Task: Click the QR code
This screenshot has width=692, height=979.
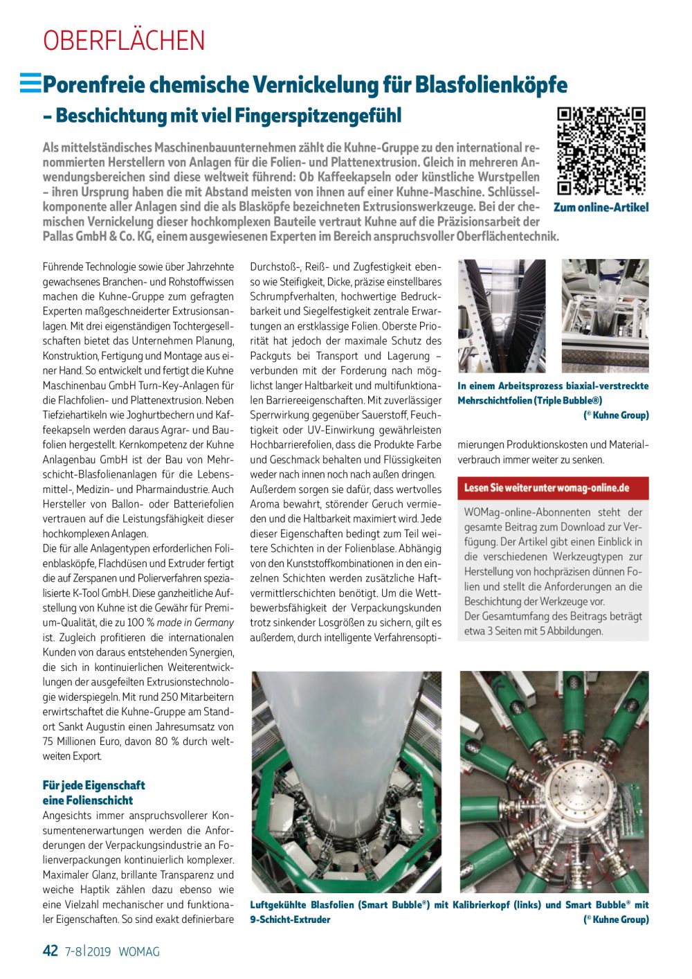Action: pyautogui.click(x=601, y=151)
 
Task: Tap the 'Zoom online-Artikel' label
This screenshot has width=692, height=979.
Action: pyautogui.click(x=601, y=208)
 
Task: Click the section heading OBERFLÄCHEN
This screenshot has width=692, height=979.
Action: pyautogui.click(x=124, y=41)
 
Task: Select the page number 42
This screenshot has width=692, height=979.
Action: pyautogui.click(x=51, y=951)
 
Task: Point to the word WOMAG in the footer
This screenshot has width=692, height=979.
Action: pyautogui.click(x=139, y=951)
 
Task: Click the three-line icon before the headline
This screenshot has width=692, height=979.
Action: pyautogui.click(x=30, y=83)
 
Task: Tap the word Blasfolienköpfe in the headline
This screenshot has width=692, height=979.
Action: pyautogui.click(x=491, y=85)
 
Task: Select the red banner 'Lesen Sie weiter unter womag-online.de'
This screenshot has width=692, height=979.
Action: pyautogui.click(x=553, y=488)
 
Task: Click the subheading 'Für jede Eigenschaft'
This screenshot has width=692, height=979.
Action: pyautogui.click(x=94, y=785)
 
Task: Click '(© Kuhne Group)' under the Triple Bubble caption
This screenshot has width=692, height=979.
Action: pyautogui.click(x=616, y=415)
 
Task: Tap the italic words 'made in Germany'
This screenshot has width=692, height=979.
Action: pyautogui.click(x=195, y=622)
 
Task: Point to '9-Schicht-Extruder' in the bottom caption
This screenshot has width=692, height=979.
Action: pyautogui.click(x=291, y=919)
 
